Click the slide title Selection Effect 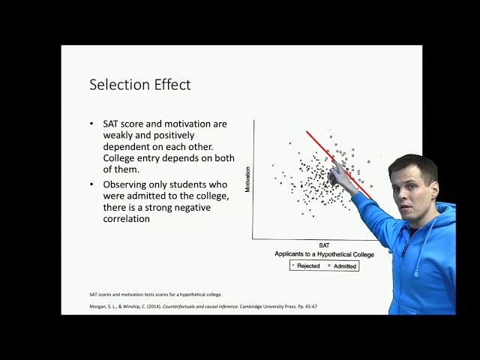coord(140,85)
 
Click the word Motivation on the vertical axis coord(247,180)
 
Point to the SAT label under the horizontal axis coord(324,245)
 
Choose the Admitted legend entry coord(343,265)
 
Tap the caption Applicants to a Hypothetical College coord(324,254)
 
